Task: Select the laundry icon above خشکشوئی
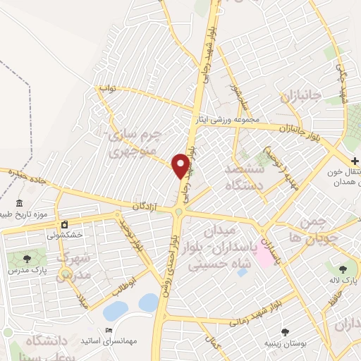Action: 64,225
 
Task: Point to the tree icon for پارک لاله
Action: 343,269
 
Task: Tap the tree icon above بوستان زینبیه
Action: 285,332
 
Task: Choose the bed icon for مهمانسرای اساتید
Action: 108,331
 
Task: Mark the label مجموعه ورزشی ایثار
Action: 228,119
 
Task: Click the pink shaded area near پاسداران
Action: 266,250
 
